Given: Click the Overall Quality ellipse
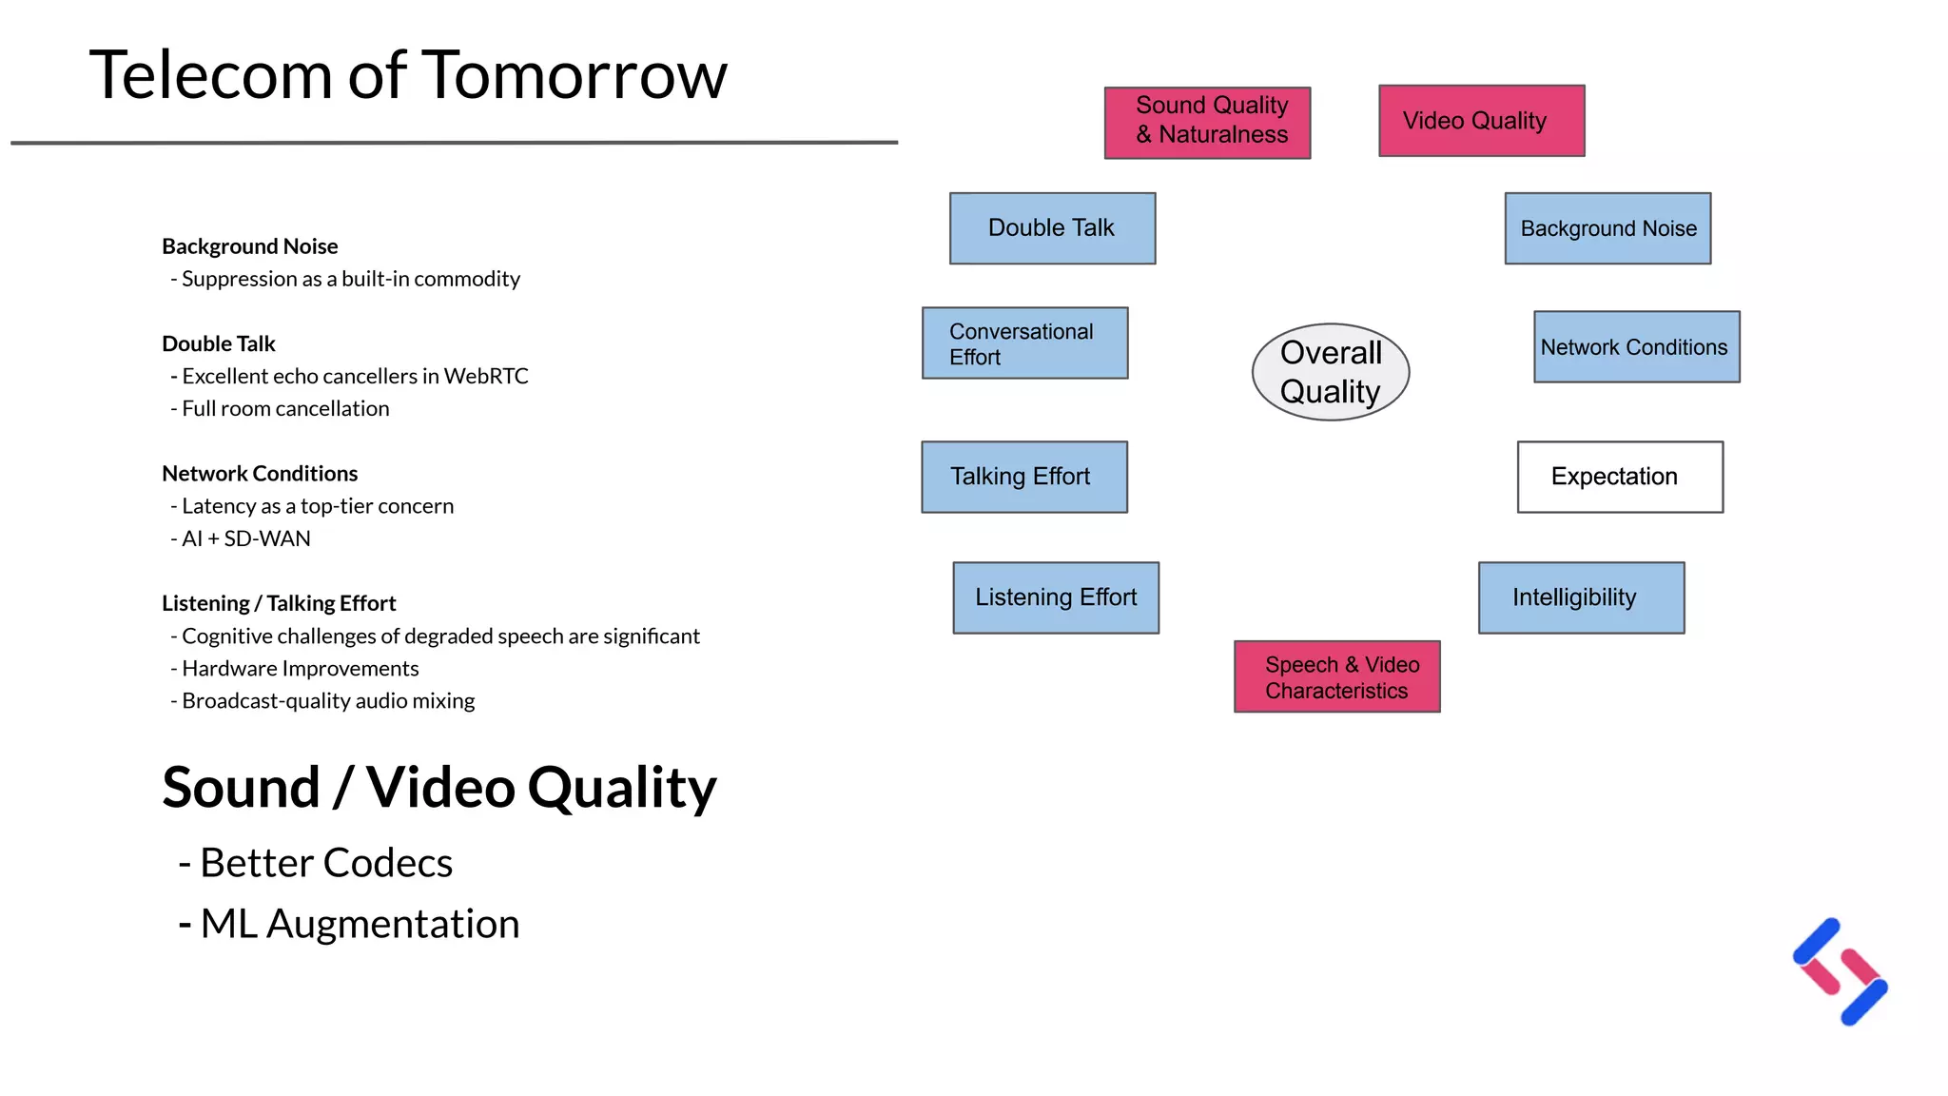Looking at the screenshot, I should click(1330, 372).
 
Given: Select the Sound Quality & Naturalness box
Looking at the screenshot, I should click(1207, 123).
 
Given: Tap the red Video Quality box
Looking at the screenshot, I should click(1481, 121).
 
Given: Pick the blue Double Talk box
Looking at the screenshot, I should click(1052, 228).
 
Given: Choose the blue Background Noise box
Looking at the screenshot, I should click(1607, 228).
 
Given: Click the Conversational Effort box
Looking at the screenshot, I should click(1024, 343).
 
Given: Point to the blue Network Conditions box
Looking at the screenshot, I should click(1636, 347).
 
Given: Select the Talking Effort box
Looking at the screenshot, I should click(1023, 477).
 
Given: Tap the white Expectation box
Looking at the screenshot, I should click(1619, 477).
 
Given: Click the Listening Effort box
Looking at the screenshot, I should click(1056, 597).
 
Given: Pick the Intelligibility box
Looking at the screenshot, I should click(1581, 597).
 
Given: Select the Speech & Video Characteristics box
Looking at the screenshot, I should click(1336, 676).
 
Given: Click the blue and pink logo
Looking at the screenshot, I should click(1840, 971).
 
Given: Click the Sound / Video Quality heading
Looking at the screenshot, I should click(438, 788).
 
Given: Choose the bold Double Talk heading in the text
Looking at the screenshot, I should click(219, 343).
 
